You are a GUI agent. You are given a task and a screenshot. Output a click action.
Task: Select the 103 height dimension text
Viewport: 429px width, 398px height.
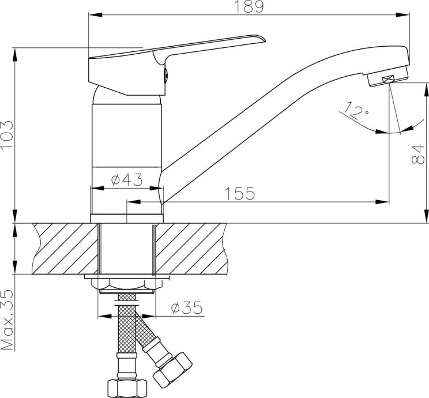click(6, 135)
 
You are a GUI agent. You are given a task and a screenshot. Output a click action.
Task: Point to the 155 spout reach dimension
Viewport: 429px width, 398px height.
click(240, 193)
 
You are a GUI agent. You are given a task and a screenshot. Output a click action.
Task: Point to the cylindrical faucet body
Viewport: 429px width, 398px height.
click(127, 138)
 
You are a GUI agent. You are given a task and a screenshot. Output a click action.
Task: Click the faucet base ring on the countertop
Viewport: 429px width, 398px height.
click(127, 218)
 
